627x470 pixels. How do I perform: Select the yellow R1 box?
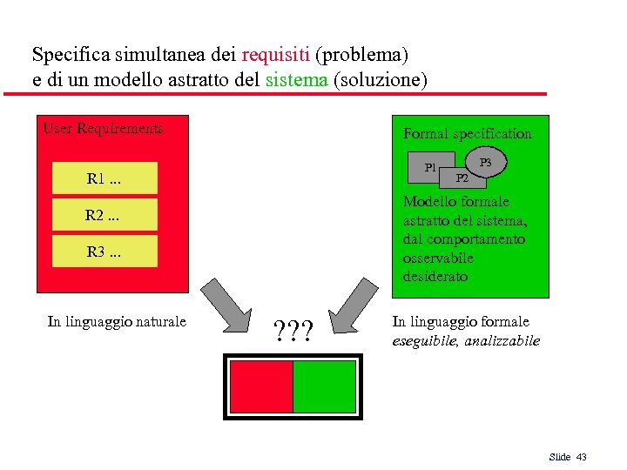104,178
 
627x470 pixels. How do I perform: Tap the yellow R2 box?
104,215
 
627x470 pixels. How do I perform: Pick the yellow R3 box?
104,252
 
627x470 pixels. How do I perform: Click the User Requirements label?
103,129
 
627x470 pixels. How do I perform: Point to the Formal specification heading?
467,134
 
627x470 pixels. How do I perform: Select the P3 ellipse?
486,162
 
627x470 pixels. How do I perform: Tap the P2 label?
463,178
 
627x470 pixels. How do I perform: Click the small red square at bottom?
260,386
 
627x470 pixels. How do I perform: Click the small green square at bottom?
324,386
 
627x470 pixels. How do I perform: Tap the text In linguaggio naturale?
117,322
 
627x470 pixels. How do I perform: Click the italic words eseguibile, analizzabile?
466,341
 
